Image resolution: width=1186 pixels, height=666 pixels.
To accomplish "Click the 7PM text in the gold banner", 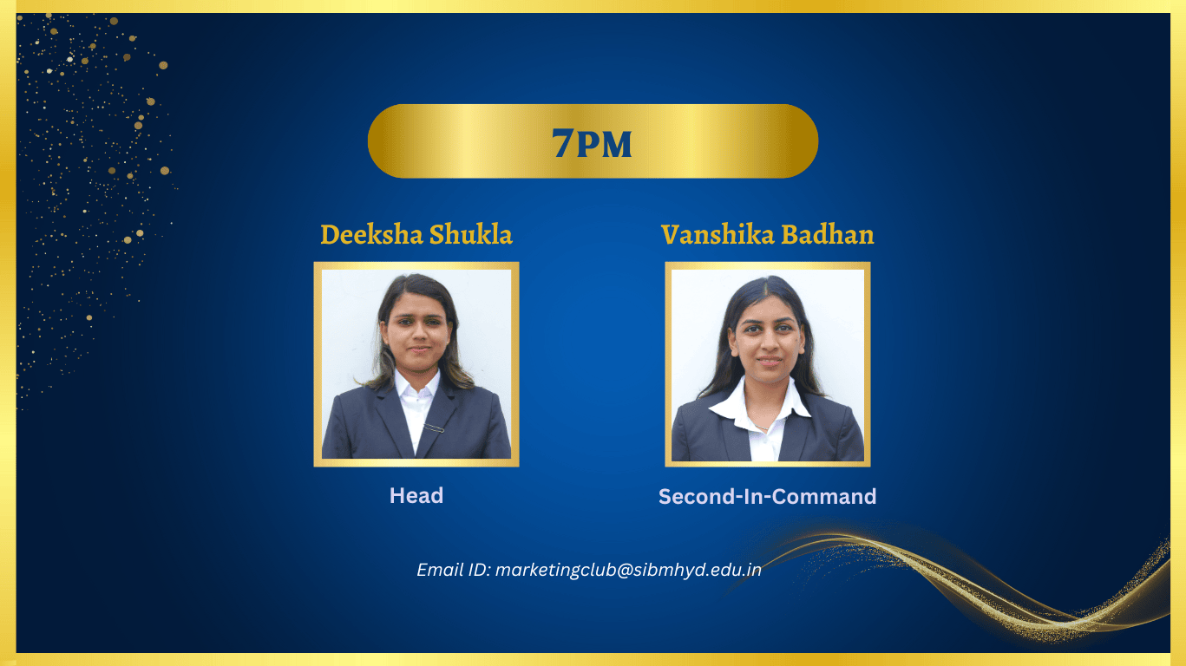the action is [x=592, y=143].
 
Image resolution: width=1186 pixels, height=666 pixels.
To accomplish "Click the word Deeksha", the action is [x=371, y=234].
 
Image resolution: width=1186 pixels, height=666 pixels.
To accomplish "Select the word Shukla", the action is [x=471, y=234].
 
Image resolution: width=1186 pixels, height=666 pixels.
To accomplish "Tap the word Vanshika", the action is [x=717, y=234].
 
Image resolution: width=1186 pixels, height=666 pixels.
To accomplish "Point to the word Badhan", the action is [x=828, y=234].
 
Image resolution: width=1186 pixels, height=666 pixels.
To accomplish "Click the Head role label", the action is [x=416, y=495].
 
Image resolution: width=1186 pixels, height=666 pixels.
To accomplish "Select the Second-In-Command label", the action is [x=767, y=497].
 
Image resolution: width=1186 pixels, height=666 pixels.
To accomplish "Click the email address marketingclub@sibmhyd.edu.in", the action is [x=628, y=571].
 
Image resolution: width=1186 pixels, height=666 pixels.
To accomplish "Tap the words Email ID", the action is [x=454, y=570].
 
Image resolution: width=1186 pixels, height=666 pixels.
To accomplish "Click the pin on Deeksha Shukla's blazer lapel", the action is [x=434, y=428].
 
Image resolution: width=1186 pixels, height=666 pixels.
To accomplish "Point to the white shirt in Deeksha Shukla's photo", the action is [x=418, y=408].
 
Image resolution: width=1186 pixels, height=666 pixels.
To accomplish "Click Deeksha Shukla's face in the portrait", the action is [x=418, y=331].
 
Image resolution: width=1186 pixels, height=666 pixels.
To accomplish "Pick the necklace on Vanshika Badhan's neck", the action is [x=760, y=425].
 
